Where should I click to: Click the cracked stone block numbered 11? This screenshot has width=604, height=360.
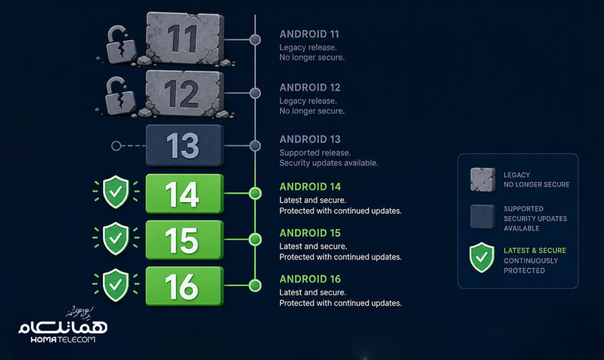tap(185, 38)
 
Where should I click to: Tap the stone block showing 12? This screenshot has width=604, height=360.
tap(185, 93)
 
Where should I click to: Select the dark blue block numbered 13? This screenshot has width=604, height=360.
tap(185, 145)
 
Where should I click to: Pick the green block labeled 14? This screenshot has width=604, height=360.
tap(185, 194)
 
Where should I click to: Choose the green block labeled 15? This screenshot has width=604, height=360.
tap(185, 240)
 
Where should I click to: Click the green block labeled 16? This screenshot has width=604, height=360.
tap(185, 286)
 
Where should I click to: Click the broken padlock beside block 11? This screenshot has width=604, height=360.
tap(120, 45)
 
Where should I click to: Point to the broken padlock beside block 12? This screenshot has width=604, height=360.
tap(120, 96)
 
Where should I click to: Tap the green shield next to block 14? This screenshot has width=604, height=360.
tap(116, 192)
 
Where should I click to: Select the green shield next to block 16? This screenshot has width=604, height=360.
tap(116, 285)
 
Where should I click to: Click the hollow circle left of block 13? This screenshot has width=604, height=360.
tap(116, 146)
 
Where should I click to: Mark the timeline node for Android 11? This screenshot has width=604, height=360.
tap(255, 40)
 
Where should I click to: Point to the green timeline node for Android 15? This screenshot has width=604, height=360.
tap(255, 240)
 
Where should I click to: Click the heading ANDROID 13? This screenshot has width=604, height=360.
tap(310, 139)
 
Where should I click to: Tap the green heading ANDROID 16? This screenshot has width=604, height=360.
tap(310, 279)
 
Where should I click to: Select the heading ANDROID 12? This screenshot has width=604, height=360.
tap(310, 87)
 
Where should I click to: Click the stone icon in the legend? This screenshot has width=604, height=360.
tap(482, 179)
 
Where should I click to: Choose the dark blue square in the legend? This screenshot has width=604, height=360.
tap(482, 217)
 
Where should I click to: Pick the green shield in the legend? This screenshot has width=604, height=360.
tap(481, 257)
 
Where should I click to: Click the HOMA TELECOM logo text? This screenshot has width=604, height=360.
tap(63, 339)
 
